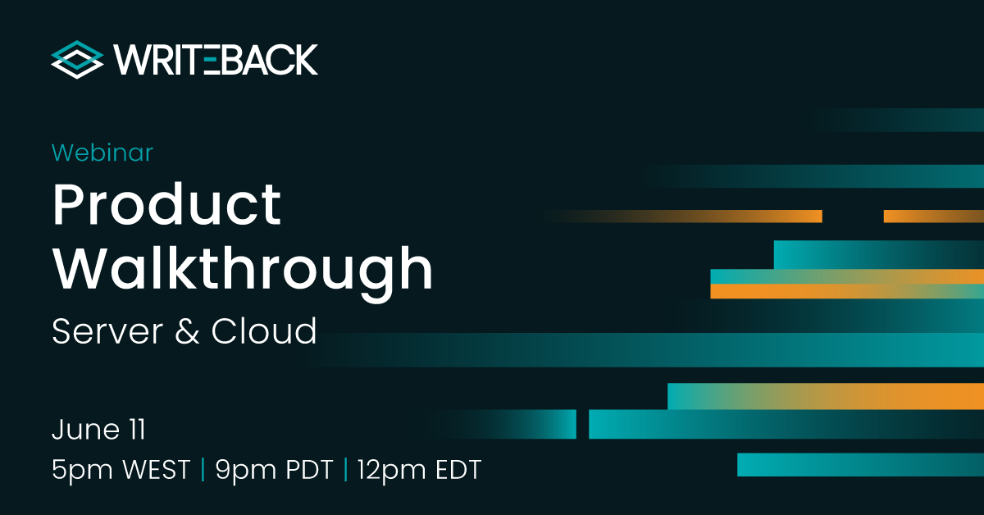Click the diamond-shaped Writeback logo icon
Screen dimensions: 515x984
(77, 60)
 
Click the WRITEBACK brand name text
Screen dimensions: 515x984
(216, 60)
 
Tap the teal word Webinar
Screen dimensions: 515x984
(102, 153)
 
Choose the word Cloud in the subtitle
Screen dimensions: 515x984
(264, 331)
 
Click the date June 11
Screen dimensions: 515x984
(98, 429)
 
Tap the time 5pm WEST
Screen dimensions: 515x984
(121, 470)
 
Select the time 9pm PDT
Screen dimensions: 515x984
(274, 470)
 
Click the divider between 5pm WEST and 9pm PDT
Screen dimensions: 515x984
(203, 470)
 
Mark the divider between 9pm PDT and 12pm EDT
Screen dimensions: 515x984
(345, 470)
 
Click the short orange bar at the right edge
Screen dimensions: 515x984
(933, 216)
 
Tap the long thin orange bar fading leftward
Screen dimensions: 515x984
(722, 216)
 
